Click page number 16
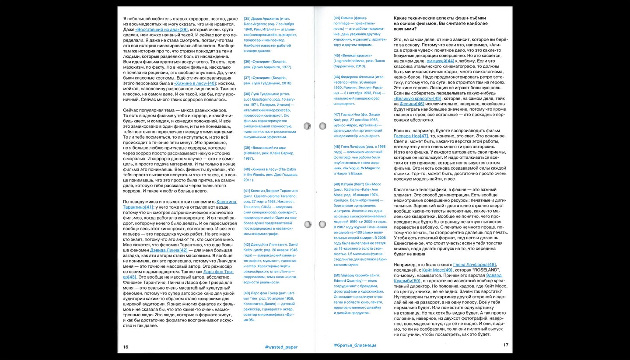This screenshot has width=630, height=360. click(126, 346)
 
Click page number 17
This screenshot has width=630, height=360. click(505, 345)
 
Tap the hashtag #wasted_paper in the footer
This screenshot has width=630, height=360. click(281, 346)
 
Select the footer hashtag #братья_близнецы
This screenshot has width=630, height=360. click(355, 346)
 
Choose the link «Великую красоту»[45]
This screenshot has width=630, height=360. click(417, 98)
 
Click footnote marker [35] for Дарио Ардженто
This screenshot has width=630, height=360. click(247, 18)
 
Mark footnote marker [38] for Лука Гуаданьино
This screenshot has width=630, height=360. click(247, 94)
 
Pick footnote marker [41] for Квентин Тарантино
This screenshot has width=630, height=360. click(247, 191)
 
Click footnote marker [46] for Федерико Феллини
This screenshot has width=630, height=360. click(337, 77)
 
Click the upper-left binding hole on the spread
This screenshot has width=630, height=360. click(307, 126)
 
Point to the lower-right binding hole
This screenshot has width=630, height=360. click(322, 224)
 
